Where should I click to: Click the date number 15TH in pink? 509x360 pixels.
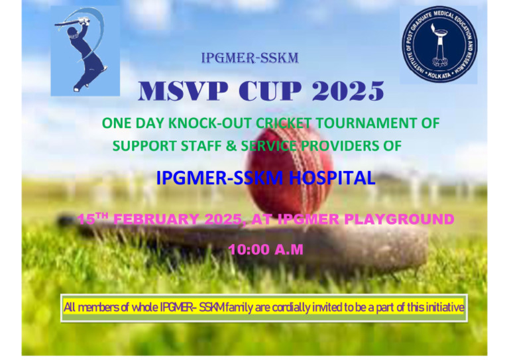93,219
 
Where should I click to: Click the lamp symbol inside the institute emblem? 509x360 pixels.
439,41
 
